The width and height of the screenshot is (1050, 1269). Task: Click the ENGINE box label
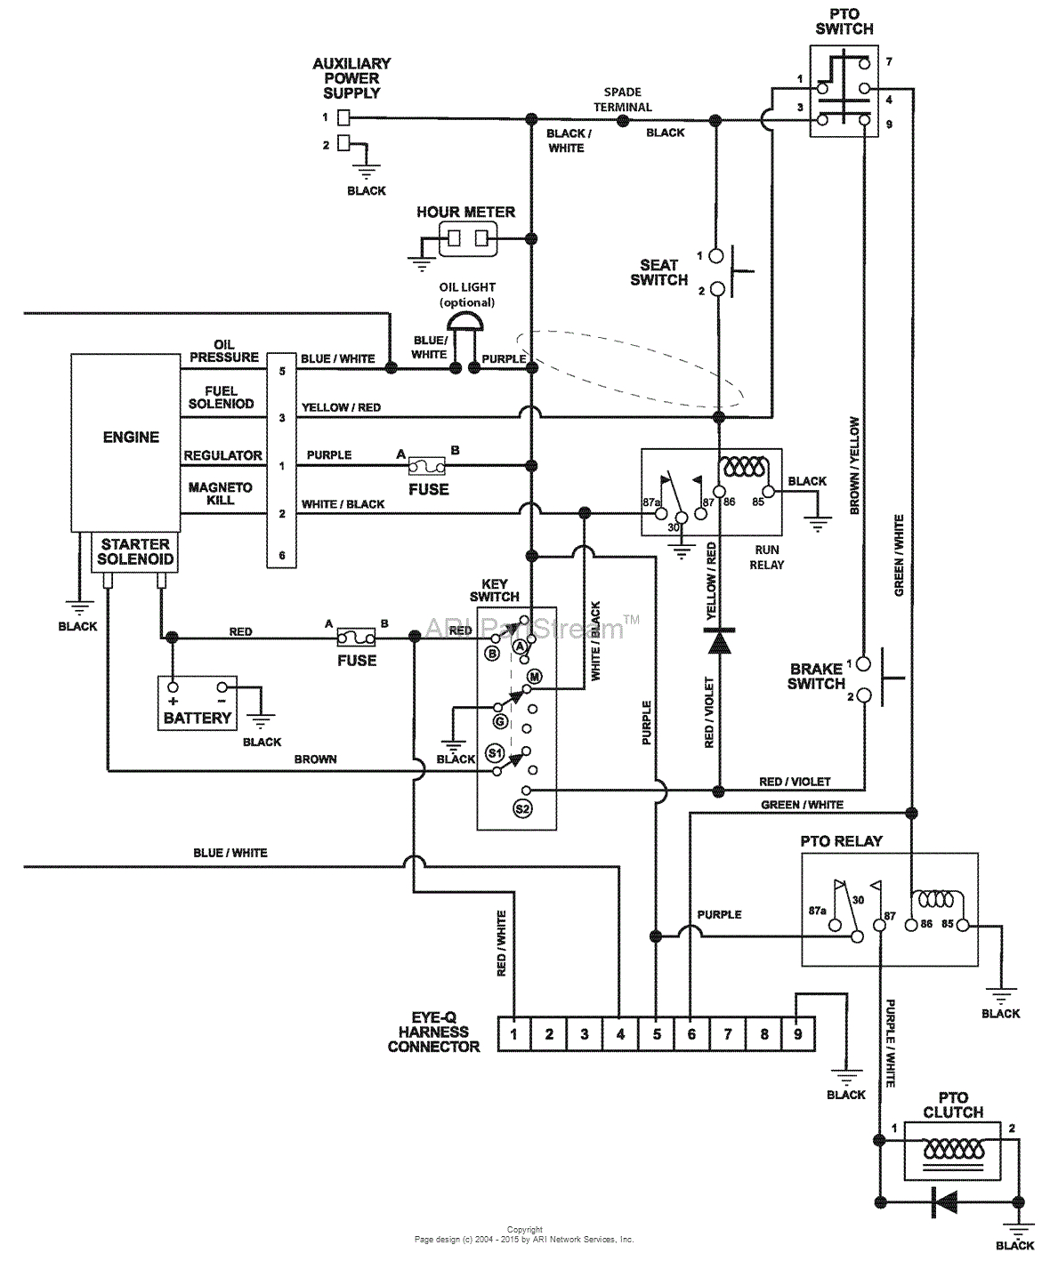point(131,438)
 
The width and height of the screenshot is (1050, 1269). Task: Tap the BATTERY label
point(197,718)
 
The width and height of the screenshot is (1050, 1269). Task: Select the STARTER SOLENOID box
point(135,551)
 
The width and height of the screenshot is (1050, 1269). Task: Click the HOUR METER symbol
point(466,238)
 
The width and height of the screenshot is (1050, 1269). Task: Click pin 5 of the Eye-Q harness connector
point(657,1033)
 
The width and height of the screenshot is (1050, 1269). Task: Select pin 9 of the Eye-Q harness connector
point(798,1033)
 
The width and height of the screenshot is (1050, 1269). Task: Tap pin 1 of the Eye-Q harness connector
point(514,1033)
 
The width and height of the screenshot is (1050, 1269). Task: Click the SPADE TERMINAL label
point(623,99)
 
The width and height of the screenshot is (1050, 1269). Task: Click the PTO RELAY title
point(841,840)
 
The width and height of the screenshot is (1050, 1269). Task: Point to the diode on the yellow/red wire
point(718,640)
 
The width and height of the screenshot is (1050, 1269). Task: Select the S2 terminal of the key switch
point(522,808)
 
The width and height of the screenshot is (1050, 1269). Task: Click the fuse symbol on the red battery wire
point(357,637)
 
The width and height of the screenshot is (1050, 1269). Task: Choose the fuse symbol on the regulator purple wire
point(427,465)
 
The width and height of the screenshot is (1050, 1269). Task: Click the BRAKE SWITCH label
point(816,676)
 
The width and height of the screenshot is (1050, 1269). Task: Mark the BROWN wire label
point(316,759)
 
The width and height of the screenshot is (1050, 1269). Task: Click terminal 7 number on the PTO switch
point(888,62)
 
